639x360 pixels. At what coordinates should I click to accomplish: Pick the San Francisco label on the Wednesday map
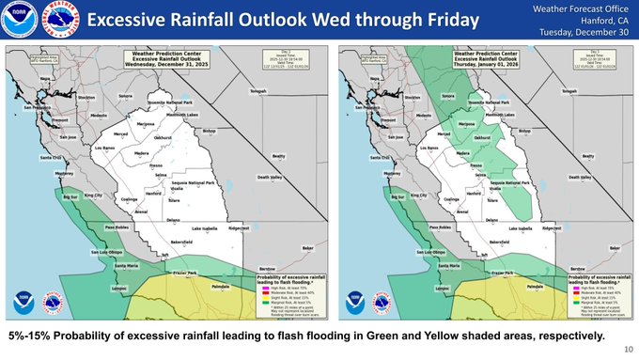point(41,107)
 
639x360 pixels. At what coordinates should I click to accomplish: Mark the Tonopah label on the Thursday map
point(572,90)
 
